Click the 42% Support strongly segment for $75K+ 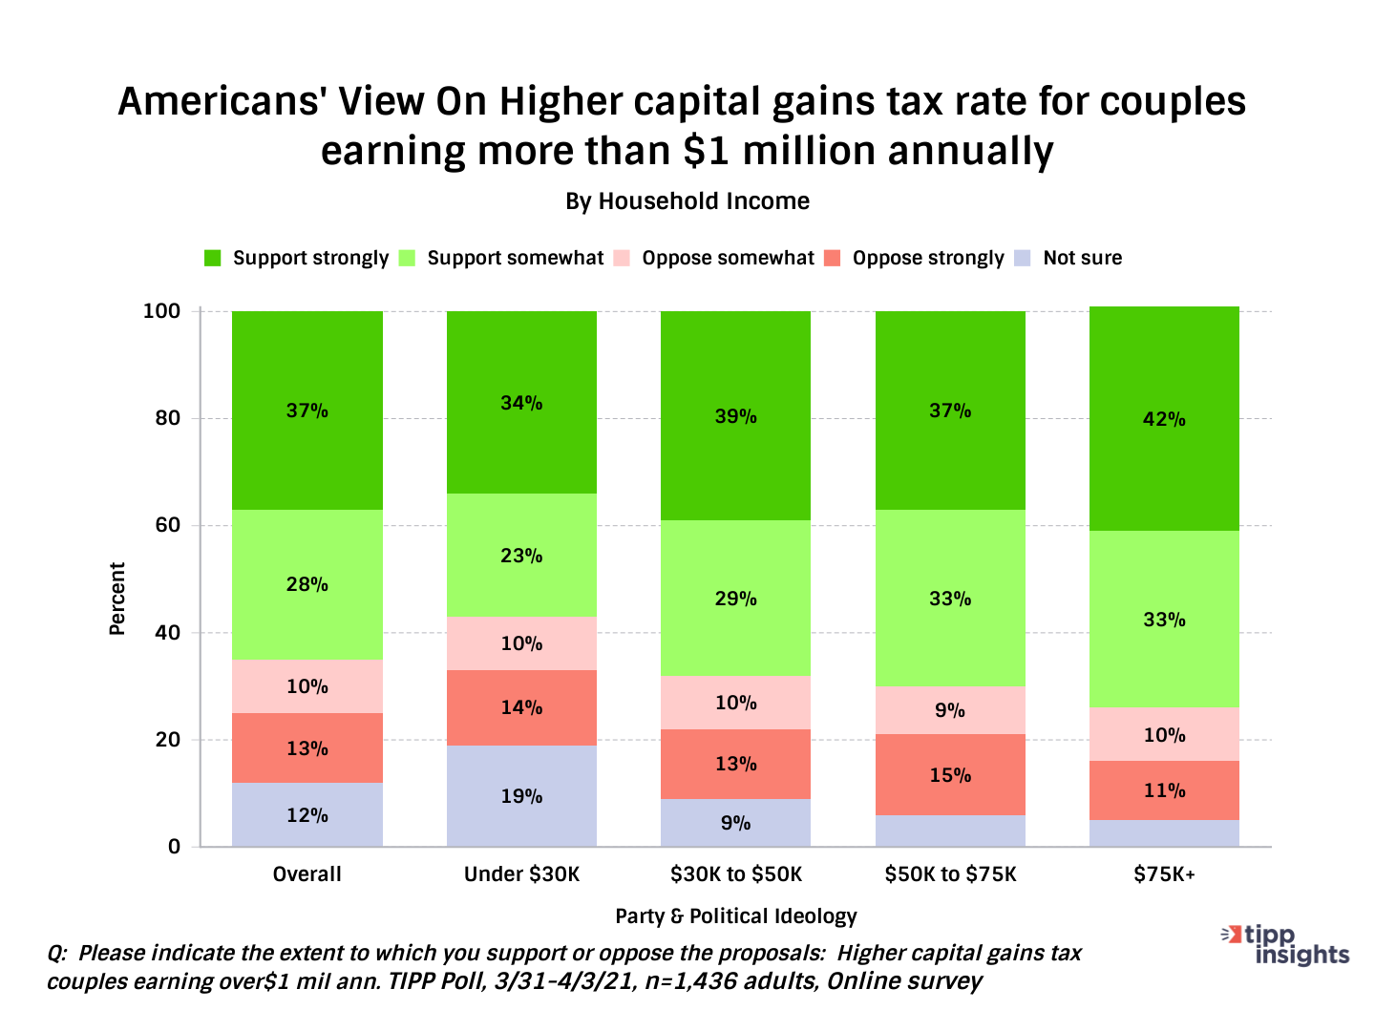pyautogui.click(x=1164, y=419)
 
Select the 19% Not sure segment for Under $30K pyautogui.click(x=521, y=796)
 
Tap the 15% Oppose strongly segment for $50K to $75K pyautogui.click(x=950, y=775)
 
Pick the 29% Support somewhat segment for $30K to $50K pyautogui.click(x=735, y=599)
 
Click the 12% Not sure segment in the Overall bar pyautogui.click(x=307, y=815)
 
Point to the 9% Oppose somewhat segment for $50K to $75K pyautogui.click(x=950, y=710)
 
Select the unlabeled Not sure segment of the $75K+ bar pyautogui.click(x=1164, y=833)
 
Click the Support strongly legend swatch pyautogui.click(x=213, y=258)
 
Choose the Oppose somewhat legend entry pyautogui.click(x=728, y=258)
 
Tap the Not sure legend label pyautogui.click(x=1082, y=258)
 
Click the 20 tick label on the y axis pyautogui.click(x=167, y=740)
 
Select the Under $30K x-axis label pyautogui.click(x=521, y=874)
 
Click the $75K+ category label pyautogui.click(x=1164, y=874)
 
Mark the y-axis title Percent pyautogui.click(x=117, y=599)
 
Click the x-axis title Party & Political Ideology pyautogui.click(x=735, y=916)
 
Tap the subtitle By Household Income pyautogui.click(x=687, y=201)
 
